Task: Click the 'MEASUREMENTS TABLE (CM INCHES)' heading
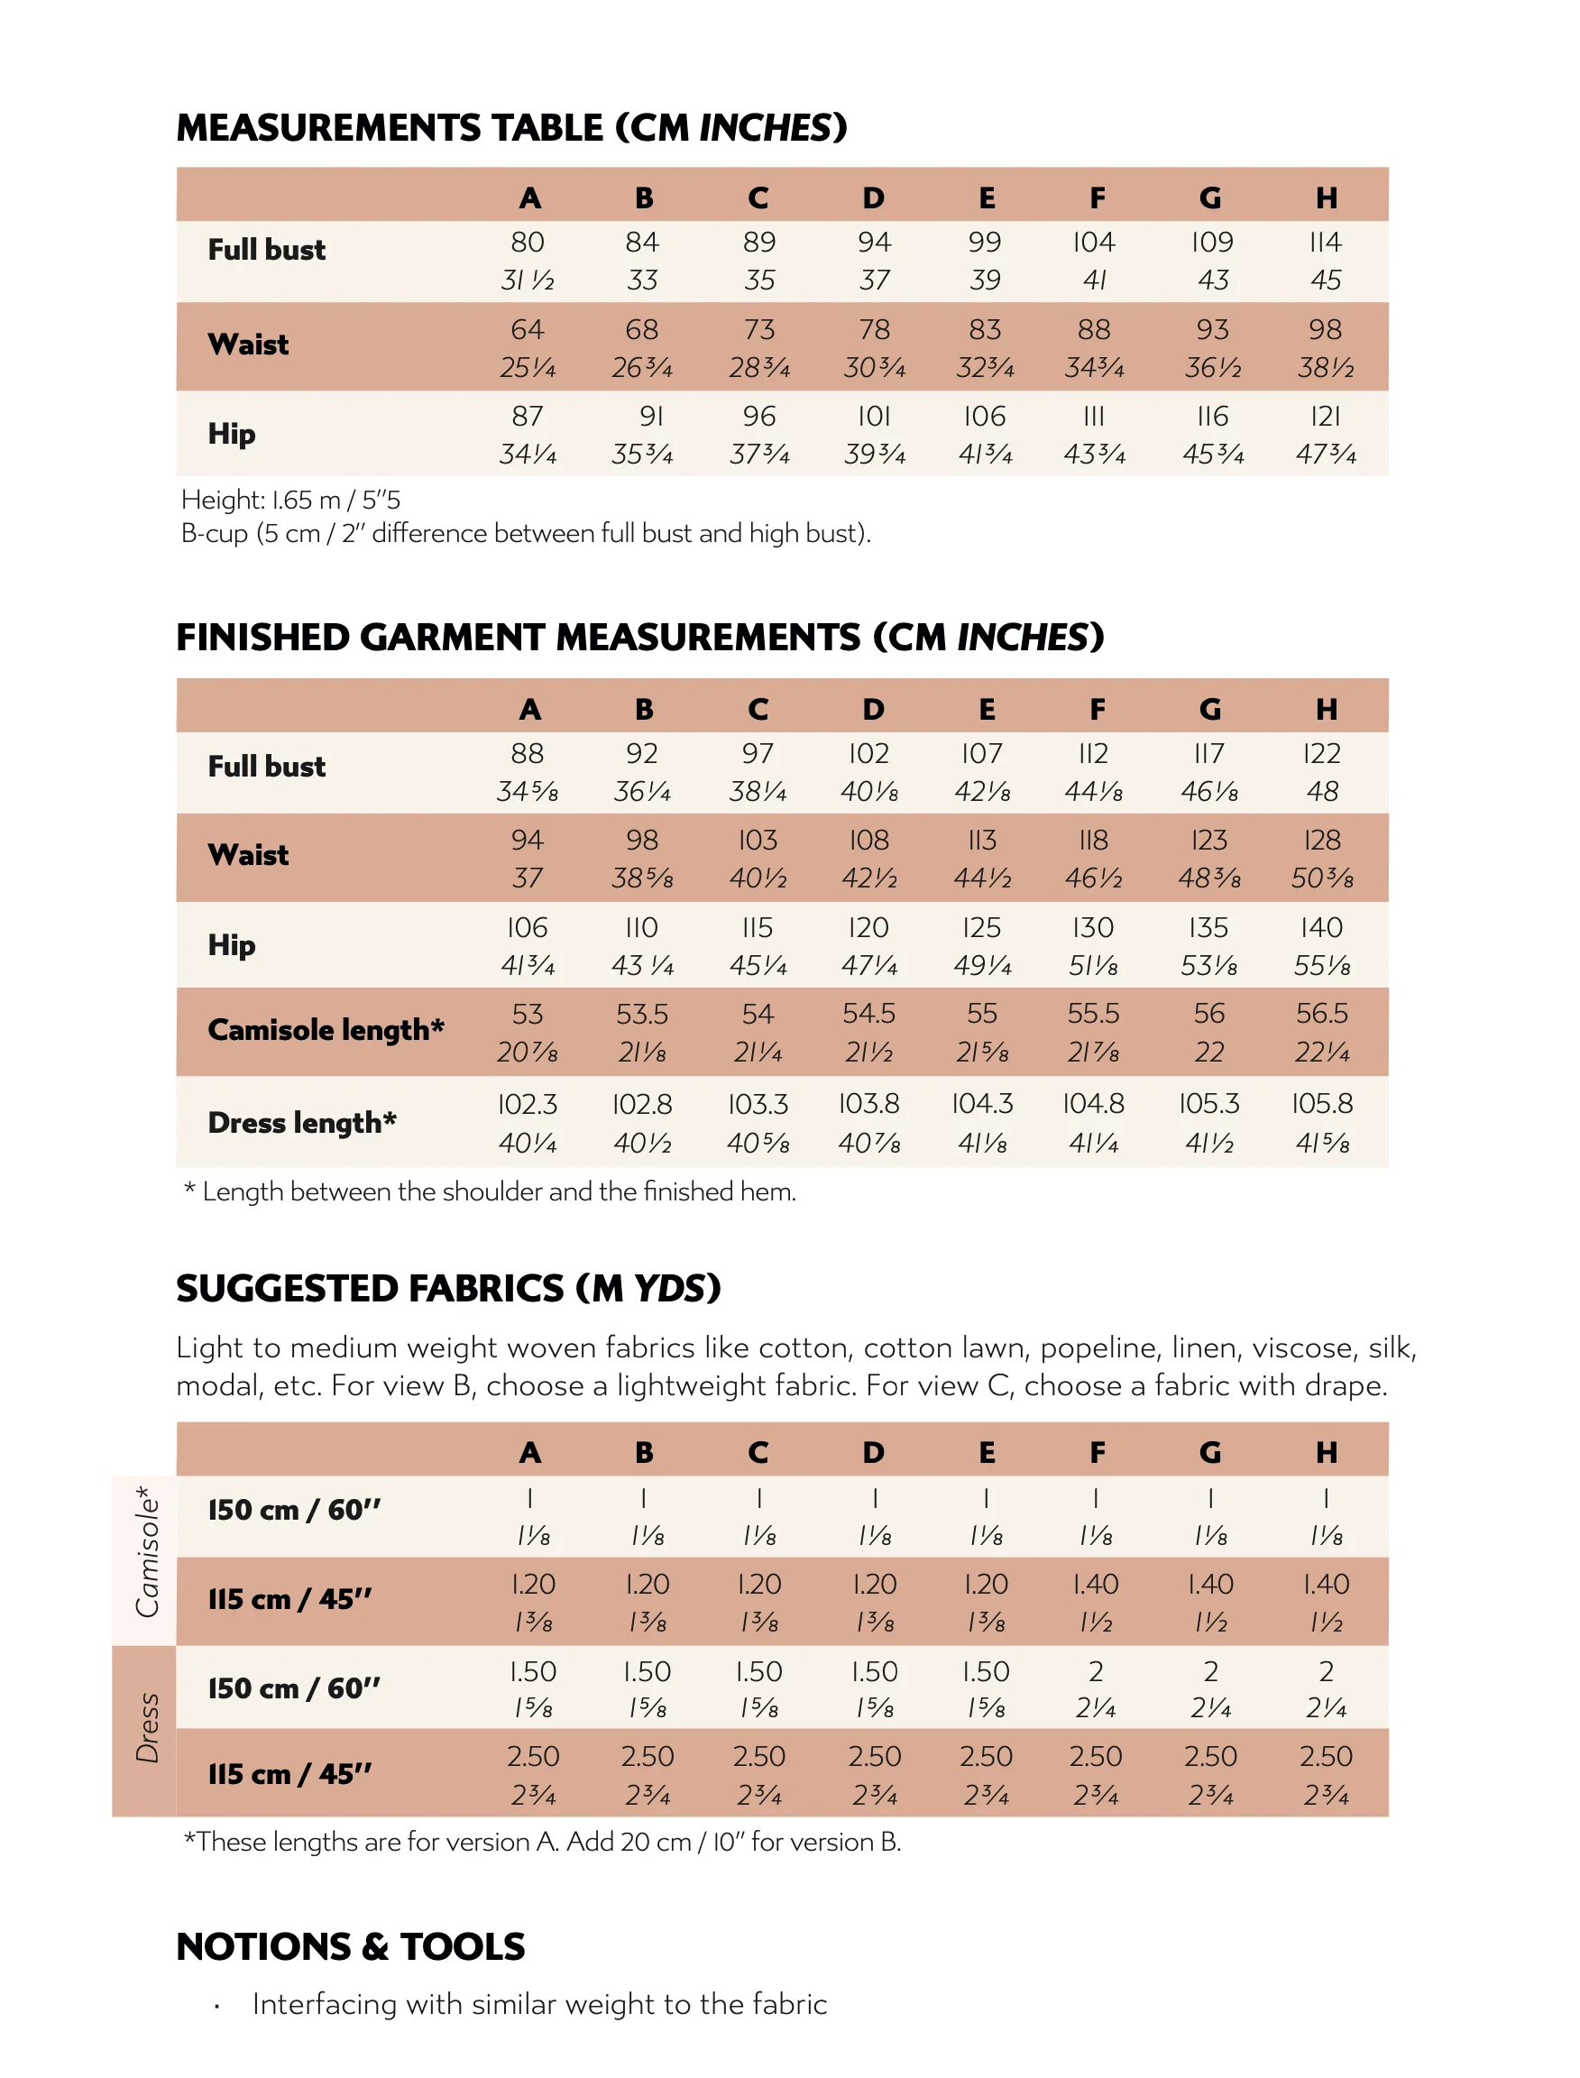(x=511, y=128)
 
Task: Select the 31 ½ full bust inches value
(x=528, y=280)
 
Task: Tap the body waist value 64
(x=528, y=330)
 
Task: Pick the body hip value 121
(x=1325, y=417)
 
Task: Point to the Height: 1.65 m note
(x=290, y=500)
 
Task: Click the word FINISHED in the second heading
(x=263, y=638)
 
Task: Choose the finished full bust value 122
(x=1321, y=753)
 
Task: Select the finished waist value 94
(x=528, y=840)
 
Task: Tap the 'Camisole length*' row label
(x=326, y=1030)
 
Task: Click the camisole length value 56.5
(x=1321, y=1014)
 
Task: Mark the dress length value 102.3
(x=528, y=1103)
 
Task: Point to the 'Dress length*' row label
(x=302, y=1122)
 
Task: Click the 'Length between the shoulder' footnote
(x=490, y=1191)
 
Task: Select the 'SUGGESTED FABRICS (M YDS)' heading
(x=447, y=1289)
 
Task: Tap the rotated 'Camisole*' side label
(x=146, y=1552)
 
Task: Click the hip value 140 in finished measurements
(x=1321, y=927)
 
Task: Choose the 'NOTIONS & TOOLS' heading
(x=350, y=1947)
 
